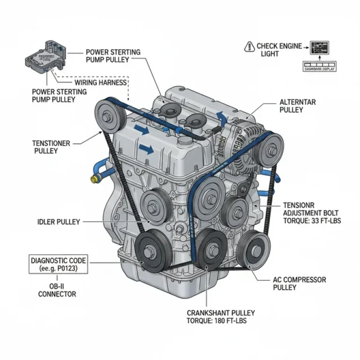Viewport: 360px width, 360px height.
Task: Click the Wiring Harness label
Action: tap(100, 82)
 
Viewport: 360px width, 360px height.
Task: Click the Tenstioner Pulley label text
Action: tap(52, 147)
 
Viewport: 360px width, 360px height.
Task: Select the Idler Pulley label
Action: tap(59, 221)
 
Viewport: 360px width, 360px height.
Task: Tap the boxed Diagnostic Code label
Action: tap(58, 265)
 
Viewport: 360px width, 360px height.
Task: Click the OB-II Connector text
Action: tap(57, 290)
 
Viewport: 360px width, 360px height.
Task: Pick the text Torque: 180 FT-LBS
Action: tap(217, 321)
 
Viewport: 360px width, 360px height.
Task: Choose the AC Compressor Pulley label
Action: tap(299, 283)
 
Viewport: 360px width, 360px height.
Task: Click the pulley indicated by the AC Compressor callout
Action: tap(252, 247)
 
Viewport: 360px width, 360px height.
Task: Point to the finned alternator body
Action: tap(237, 141)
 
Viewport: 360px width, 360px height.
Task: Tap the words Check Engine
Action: tap(279, 46)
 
